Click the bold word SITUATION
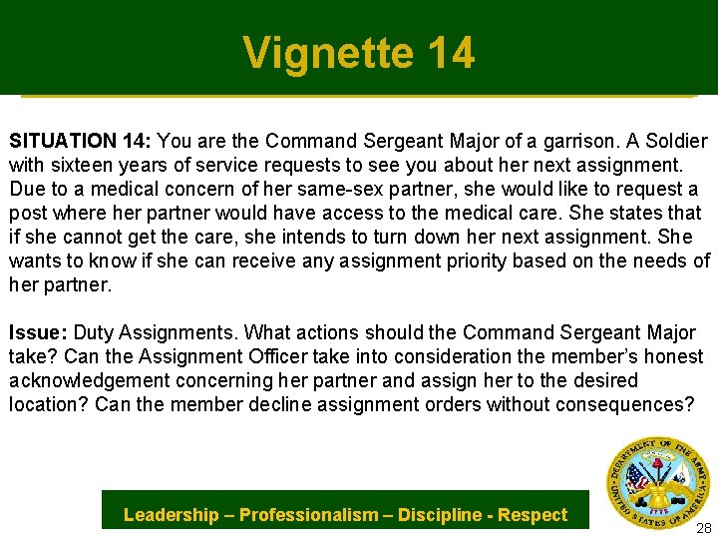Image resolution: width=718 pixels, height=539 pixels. click(x=59, y=141)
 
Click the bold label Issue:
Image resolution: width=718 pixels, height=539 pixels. click(x=38, y=332)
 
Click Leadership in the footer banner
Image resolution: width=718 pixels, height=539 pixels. click(x=171, y=515)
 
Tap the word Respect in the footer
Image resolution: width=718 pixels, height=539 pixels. click(x=533, y=515)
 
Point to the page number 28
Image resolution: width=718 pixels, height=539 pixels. click(x=702, y=528)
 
